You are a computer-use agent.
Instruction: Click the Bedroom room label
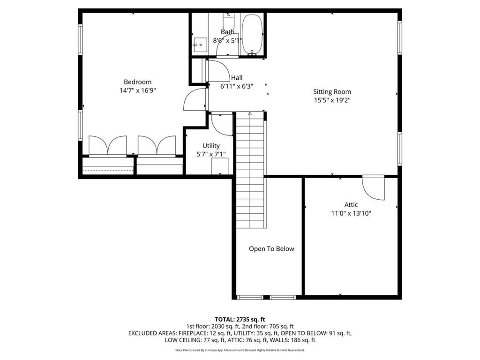(137, 82)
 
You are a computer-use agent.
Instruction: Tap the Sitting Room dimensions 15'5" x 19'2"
(332, 100)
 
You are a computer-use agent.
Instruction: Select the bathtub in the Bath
(253, 34)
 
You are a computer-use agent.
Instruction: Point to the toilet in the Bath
(228, 22)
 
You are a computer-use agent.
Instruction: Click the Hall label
(237, 78)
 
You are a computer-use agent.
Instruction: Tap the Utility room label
(211, 146)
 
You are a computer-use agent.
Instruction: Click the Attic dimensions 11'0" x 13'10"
(351, 213)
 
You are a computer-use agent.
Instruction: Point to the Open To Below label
(271, 249)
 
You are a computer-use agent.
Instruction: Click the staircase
(250, 169)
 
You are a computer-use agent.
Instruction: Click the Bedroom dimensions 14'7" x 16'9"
(137, 90)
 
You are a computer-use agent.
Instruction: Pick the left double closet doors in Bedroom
(108, 145)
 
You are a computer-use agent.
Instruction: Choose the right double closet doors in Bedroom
(157, 145)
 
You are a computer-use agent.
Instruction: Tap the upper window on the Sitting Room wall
(400, 37)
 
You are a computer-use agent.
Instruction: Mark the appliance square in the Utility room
(219, 166)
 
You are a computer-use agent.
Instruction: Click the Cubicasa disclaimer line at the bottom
(240, 350)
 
